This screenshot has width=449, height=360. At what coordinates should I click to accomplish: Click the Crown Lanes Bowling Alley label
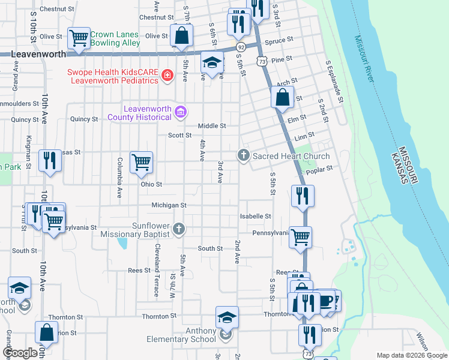pos(115,38)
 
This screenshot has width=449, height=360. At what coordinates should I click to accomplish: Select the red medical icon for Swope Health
pos(167,76)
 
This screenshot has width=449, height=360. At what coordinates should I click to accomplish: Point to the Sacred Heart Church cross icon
pos(243,156)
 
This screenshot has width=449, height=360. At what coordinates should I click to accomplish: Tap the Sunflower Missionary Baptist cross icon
pos(178,229)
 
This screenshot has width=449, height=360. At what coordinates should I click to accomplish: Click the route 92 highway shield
pos(240,47)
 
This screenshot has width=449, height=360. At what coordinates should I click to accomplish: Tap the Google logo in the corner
pos(20,353)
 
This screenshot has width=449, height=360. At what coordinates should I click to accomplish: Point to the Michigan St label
pos(169,205)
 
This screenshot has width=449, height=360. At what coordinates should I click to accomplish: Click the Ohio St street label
pos(151,184)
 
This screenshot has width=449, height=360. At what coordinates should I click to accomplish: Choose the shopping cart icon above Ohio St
pos(141,162)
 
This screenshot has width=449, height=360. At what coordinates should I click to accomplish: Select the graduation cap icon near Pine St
pos(211,62)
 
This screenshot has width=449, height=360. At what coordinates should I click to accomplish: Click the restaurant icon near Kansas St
pos(49,160)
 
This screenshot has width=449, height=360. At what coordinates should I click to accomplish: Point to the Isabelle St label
pos(256,216)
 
